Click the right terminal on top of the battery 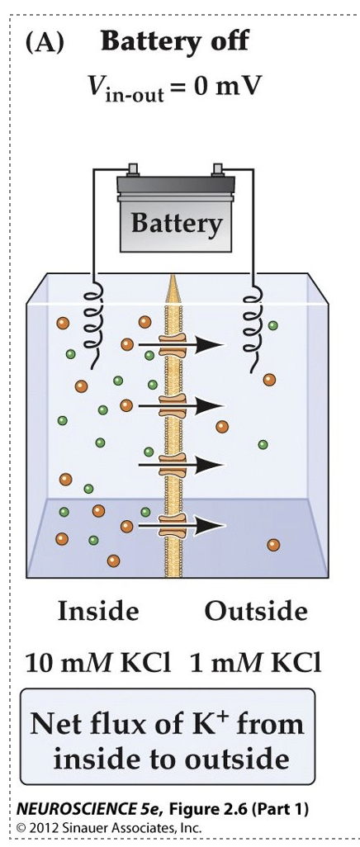point(219,171)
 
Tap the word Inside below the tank point(97,612)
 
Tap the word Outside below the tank point(256,612)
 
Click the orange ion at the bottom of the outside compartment point(273,544)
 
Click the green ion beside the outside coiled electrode point(273,325)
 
